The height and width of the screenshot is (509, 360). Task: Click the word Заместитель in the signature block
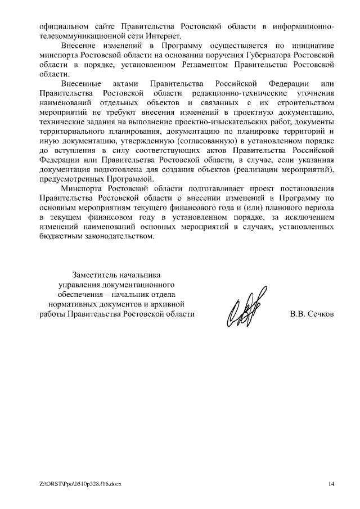(96, 275)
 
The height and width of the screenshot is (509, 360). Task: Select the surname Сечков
(321, 313)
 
